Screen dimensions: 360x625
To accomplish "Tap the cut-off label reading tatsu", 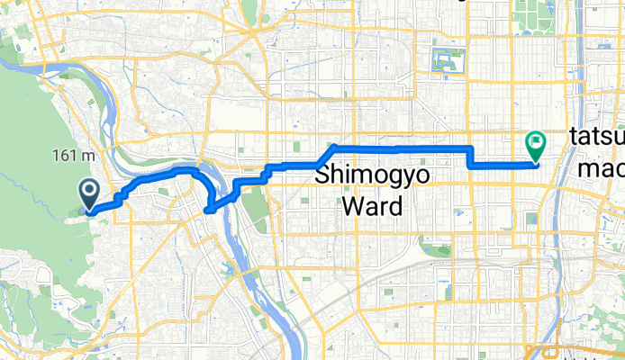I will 597,139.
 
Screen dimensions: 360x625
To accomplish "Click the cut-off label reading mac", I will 600,168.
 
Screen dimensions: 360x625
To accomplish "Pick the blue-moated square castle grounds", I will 448,62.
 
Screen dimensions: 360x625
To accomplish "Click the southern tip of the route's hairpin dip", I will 208,211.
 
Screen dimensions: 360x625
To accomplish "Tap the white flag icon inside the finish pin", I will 537,140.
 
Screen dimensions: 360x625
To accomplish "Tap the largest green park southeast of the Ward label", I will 437,247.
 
